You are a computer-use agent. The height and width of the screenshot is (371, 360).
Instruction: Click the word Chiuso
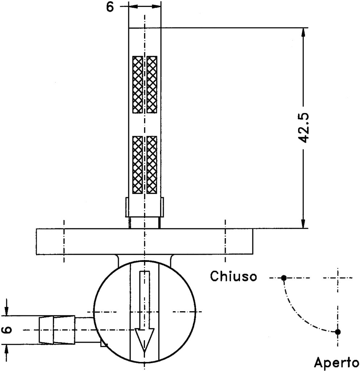(x=234, y=276)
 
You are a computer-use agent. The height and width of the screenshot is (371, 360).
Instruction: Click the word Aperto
(x=336, y=362)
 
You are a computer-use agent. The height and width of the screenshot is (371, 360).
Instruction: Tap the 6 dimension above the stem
(x=110, y=7)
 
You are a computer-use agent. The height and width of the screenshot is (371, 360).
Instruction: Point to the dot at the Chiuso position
(x=284, y=278)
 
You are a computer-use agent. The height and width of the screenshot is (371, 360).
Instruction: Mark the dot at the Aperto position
(x=338, y=332)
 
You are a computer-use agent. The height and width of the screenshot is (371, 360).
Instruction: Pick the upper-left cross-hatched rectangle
(x=138, y=84)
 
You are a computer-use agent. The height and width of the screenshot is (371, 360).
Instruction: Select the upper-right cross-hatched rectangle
(x=152, y=84)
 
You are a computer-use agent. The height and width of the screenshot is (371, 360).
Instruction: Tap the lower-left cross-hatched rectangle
(x=138, y=165)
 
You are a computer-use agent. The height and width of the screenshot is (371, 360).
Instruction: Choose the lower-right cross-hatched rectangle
(x=152, y=165)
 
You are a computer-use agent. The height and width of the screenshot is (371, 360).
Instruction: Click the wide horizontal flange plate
(x=145, y=242)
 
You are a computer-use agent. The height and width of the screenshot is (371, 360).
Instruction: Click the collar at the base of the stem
(x=145, y=207)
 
